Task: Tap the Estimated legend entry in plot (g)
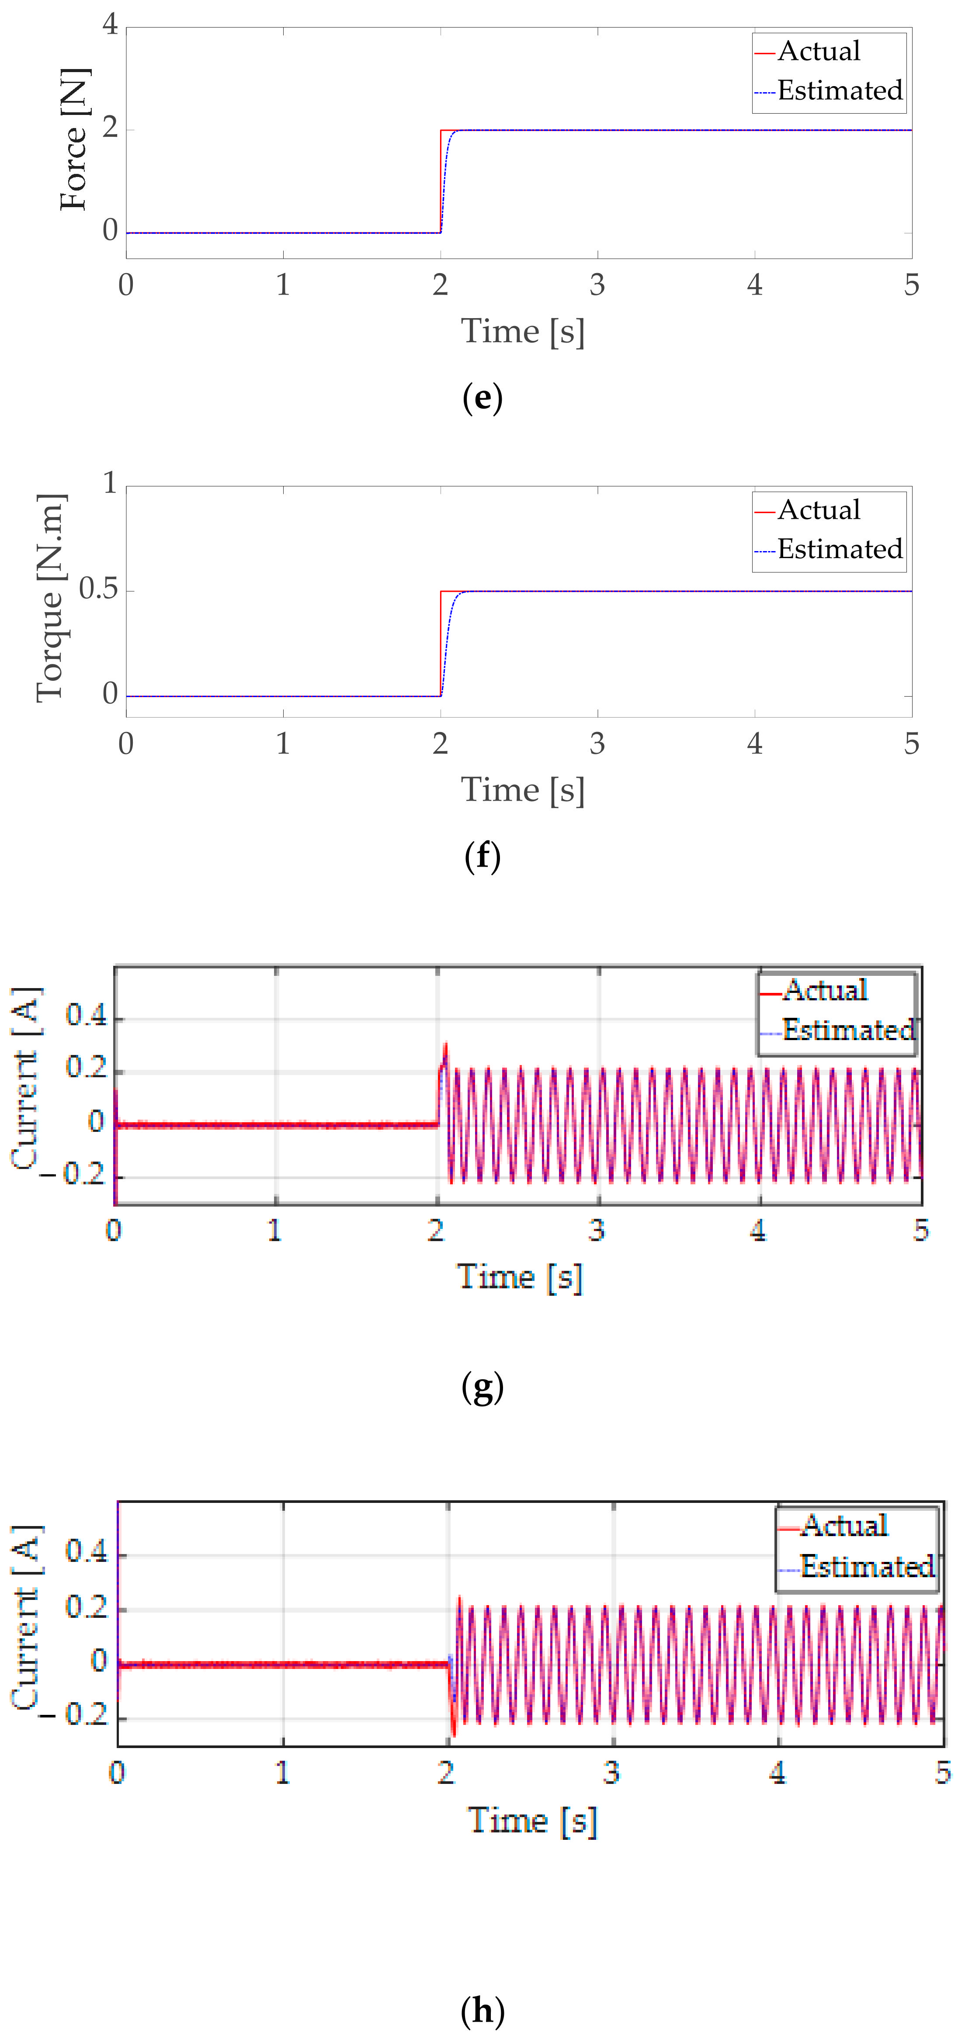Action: pos(847,1030)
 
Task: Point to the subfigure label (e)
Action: pos(482,398)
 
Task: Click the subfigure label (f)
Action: pos(482,856)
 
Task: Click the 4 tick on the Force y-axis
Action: pos(110,25)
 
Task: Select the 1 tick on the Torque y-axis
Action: pos(110,483)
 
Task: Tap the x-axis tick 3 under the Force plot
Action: pos(597,285)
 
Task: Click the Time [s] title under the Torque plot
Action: pos(522,790)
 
